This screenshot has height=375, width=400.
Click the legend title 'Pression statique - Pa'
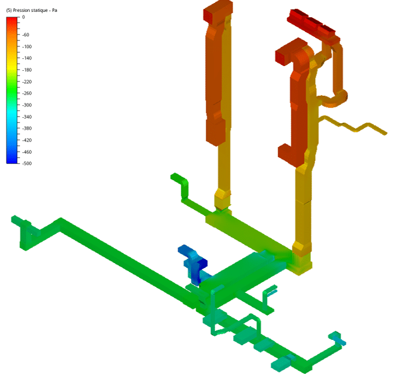coord(35,11)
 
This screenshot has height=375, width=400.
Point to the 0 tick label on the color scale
coord(23,17)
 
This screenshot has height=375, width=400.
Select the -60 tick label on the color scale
coord(26,35)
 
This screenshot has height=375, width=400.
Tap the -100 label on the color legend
coord(27,46)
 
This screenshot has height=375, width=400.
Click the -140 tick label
coord(27,58)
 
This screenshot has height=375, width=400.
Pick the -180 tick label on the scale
coord(27,70)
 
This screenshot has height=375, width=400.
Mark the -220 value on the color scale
coord(27,82)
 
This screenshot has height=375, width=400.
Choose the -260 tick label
coord(27,93)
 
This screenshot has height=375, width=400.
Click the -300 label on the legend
coord(27,105)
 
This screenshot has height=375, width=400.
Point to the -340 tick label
coord(27,117)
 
